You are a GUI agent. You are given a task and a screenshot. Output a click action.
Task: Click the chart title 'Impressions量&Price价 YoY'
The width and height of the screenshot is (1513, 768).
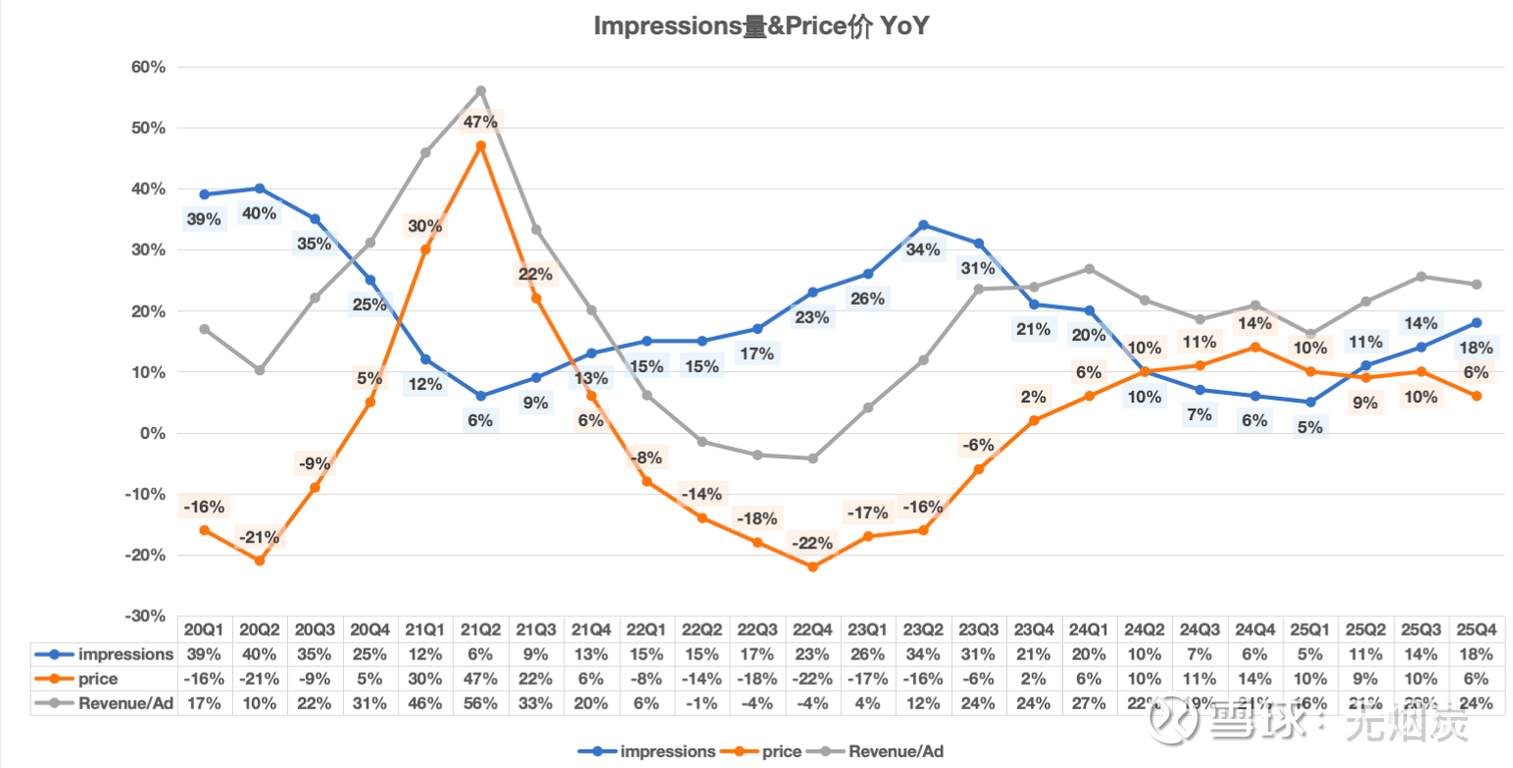point(760,26)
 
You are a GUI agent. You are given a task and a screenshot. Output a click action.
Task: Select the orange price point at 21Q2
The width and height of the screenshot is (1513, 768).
point(481,146)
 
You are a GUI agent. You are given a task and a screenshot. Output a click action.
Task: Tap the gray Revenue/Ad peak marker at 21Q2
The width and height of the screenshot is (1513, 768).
point(481,91)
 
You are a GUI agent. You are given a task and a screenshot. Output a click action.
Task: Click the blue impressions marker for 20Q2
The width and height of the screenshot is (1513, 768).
point(260,188)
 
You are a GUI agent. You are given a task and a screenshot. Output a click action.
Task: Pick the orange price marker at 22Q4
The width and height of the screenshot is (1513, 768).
point(812,566)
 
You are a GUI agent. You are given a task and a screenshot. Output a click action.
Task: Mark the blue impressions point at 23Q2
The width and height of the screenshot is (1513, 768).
point(923,225)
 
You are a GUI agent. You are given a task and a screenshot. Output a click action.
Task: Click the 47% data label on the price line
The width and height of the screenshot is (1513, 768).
point(481,122)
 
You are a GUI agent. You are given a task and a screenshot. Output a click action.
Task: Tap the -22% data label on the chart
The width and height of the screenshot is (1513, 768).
point(812,543)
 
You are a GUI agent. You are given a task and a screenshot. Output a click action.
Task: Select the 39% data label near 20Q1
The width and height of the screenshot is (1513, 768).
point(204,219)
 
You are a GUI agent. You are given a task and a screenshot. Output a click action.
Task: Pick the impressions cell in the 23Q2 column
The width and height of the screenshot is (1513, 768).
point(923,653)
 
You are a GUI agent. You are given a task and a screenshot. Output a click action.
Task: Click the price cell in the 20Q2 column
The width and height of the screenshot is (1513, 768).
point(260,678)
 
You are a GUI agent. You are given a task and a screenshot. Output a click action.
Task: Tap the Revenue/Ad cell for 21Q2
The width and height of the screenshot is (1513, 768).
point(481,702)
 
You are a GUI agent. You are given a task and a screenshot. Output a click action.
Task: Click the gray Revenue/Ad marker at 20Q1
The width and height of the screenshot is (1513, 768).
point(204,329)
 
